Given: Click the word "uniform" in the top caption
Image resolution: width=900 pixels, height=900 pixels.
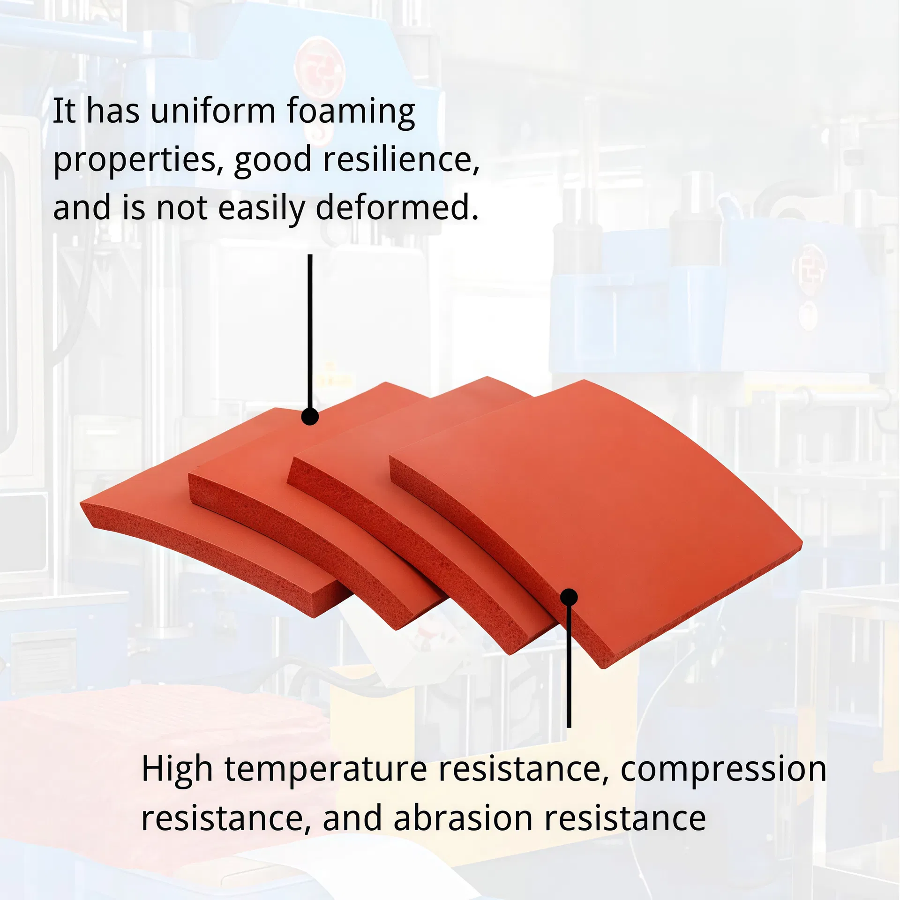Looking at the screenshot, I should coord(213,111).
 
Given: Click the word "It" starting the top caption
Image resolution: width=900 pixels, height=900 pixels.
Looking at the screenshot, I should coord(64,111).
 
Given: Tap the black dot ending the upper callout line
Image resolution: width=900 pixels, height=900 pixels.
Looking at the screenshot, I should coord(310,416).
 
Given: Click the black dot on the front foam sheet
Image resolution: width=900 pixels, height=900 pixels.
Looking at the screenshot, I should coord(569,597).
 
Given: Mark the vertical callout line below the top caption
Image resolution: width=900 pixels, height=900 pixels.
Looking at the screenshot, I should coord(310,328).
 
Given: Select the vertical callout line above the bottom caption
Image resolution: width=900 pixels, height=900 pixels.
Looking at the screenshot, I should coord(569,666).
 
